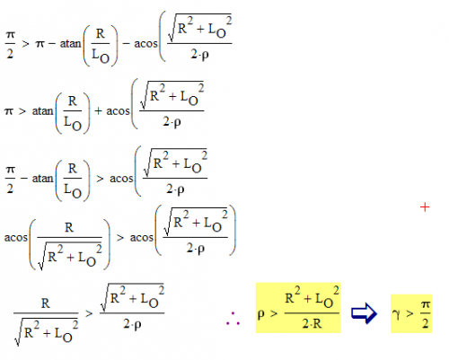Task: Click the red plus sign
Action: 425,207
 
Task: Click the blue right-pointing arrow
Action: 364,313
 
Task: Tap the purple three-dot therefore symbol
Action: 233,319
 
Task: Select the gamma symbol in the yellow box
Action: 396,314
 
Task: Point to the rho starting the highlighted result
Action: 261,314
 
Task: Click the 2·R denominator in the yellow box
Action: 312,324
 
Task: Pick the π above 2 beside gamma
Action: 426,305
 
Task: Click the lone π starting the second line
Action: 9,111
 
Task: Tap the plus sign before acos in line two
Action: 98,111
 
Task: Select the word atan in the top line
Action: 71,44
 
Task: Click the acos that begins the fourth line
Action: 16,238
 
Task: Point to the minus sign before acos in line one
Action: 126,44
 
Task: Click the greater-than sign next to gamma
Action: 409,313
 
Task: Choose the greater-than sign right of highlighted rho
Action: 274,313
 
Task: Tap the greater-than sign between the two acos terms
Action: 120,238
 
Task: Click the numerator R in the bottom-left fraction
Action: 46,303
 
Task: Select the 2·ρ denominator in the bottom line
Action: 132,324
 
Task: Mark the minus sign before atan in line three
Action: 24,179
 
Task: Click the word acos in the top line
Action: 145,44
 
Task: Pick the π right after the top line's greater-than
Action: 40,44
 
